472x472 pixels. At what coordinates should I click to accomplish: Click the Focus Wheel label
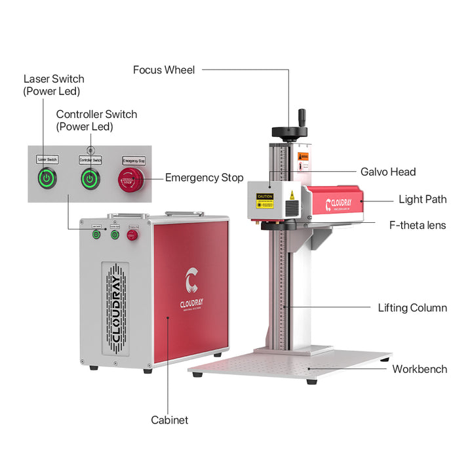point(163,69)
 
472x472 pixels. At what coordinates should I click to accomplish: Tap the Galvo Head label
point(388,172)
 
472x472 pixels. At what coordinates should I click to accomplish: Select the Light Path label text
point(423,199)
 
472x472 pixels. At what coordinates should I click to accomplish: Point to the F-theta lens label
point(417,225)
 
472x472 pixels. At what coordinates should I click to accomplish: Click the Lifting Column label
point(412,307)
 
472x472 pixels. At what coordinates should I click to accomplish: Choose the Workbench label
point(420,369)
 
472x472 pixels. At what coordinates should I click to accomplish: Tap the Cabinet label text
point(169,420)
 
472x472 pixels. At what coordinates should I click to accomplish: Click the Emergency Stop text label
point(204,178)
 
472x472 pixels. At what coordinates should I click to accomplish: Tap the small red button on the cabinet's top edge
point(131,233)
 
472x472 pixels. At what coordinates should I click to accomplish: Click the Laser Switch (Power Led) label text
point(54,85)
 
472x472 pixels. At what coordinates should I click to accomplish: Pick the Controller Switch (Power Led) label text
point(96,120)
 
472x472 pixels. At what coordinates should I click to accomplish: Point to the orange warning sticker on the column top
point(303,157)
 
